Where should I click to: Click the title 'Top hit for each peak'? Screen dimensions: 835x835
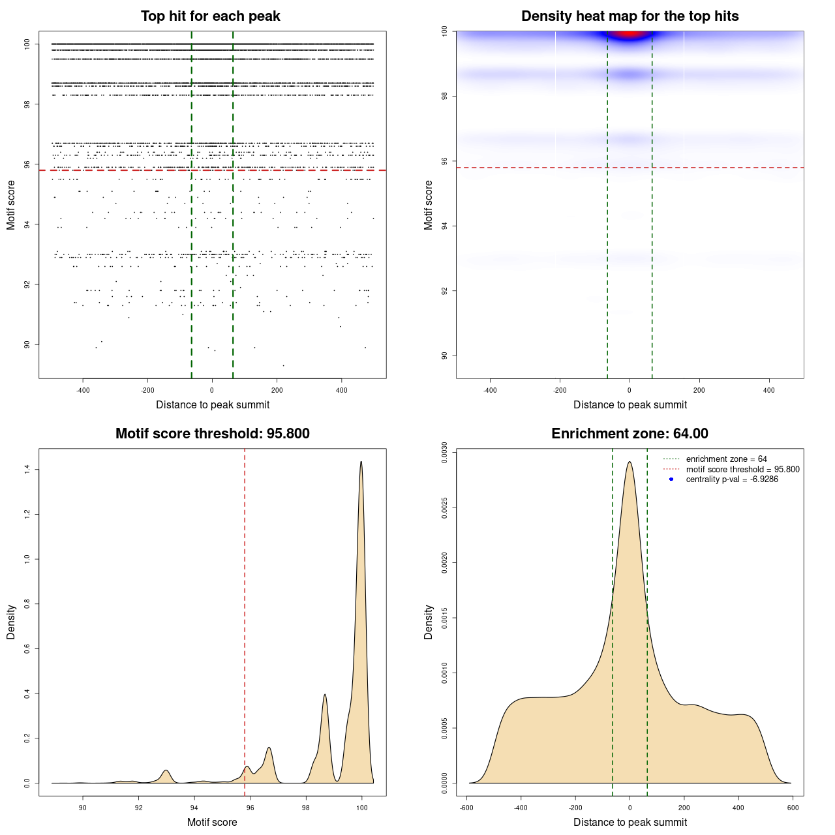pyautogui.click(x=210, y=16)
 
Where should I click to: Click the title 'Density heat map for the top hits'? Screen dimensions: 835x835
pyautogui.click(x=630, y=16)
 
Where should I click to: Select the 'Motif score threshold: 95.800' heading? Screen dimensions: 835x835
pyautogui.click(x=212, y=434)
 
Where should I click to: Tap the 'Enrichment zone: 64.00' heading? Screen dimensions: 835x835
pyautogui.click(x=630, y=434)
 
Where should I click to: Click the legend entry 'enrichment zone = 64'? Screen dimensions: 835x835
pyautogui.click(x=726, y=459)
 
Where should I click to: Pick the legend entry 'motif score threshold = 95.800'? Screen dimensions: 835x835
pyautogui.click(x=742, y=469)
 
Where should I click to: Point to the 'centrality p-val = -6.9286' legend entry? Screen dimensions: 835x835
pyautogui.click(x=732, y=479)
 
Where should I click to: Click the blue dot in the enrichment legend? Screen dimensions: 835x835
pyautogui.click(x=671, y=479)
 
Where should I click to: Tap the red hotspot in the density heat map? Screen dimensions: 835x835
pyautogui.click(x=628, y=33)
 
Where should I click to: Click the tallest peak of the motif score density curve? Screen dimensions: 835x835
pyautogui.click(x=361, y=463)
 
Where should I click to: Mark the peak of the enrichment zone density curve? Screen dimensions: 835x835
pyautogui.click(x=630, y=463)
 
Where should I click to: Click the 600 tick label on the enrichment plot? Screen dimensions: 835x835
pyautogui.click(x=793, y=808)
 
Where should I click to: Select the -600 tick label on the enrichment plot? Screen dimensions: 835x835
pyautogui.click(x=466, y=808)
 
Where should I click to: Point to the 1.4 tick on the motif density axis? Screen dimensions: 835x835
pyautogui.click(x=27, y=469)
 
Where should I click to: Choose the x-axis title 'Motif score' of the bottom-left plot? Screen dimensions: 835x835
pyautogui.click(x=212, y=822)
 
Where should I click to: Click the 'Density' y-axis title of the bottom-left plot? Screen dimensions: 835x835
pyautogui.click(x=11, y=622)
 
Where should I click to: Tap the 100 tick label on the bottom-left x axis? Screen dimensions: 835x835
pyautogui.click(x=362, y=808)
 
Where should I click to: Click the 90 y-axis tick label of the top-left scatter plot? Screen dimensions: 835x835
pyautogui.click(x=27, y=344)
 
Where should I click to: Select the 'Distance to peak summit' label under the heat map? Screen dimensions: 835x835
pyautogui.click(x=630, y=404)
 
